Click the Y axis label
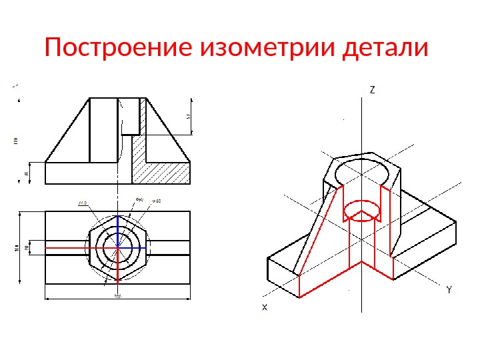click(x=449, y=291)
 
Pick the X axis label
click(x=265, y=307)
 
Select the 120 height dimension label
click(x=15, y=141)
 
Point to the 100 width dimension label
click(x=17, y=249)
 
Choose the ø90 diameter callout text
click(x=140, y=199)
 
